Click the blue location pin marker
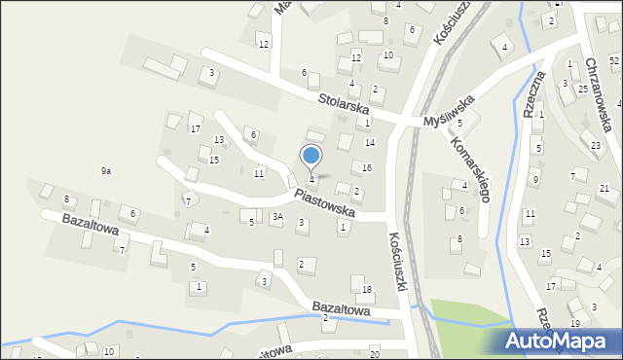[311, 157]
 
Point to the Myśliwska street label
[449, 110]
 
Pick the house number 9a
[105, 170]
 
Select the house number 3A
[277, 217]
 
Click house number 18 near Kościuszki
[367, 290]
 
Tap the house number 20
[375, 354]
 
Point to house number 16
[366, 167]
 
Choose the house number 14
[370, 142]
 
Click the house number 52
[614, 60]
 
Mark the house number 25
[582, 90]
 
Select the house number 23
[596, 145]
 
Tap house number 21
[604, 188]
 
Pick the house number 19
[575, 323]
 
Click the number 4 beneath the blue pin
[311, 179]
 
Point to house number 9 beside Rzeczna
[534, 180]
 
